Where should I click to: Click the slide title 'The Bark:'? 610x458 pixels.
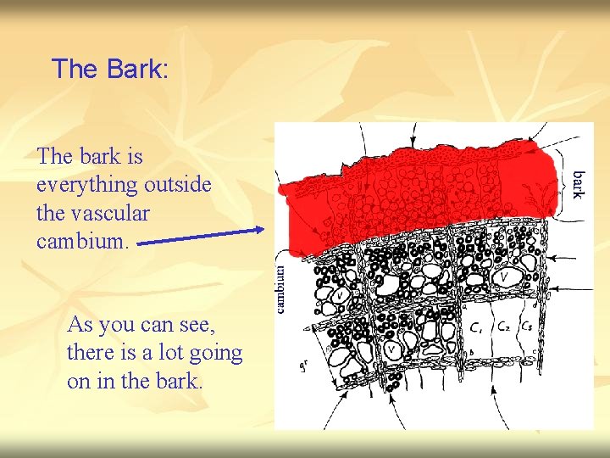click(110, 69)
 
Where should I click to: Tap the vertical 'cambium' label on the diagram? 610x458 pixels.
click(281, 289)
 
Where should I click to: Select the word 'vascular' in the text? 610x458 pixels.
click(93, 213)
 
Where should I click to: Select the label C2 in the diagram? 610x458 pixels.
click(503, 325)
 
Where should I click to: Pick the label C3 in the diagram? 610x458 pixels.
click(528, 325)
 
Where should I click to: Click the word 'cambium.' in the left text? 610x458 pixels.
click(83, 242)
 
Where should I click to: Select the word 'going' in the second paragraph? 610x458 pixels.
click(218, 353)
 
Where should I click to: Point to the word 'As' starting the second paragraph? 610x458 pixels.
click(80, 325)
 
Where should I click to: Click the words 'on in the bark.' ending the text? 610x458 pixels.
click(136, 381)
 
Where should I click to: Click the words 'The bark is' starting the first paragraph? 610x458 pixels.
click(90, 156)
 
